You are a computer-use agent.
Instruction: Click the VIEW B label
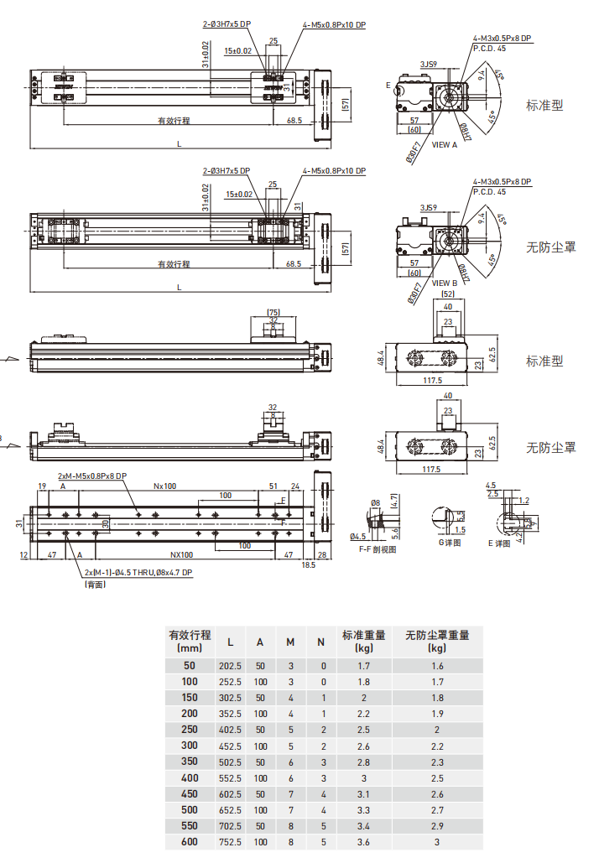coord(445,283)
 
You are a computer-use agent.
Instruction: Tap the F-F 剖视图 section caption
coord(377,549)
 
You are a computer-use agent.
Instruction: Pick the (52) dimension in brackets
coord(448,294)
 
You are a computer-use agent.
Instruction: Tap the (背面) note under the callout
coord(96,585)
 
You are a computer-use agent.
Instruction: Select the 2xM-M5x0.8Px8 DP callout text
coord(92,476)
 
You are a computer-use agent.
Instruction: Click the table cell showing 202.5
coord(230,666)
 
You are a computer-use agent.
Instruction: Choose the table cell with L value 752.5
coord(230,842)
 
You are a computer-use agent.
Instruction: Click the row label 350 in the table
coord(190,762)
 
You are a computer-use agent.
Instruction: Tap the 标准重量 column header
coord(364,635)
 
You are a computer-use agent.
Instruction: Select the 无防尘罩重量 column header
coord(437,635)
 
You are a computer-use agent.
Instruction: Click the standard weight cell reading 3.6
coord(364,842)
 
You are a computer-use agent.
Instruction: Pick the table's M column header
coord(290,642)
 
